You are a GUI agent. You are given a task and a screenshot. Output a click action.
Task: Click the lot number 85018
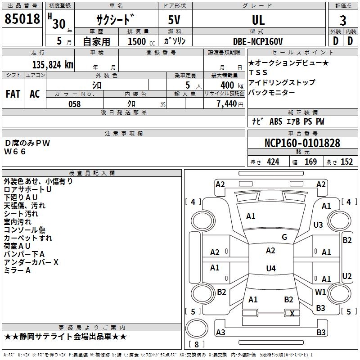(x=22, y=19)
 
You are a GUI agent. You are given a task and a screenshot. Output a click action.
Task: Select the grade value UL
(x=258, y=20)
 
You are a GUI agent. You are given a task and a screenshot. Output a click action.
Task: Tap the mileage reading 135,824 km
(x=53, y=65)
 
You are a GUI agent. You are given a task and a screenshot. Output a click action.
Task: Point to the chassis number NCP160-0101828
(x=302, y=143)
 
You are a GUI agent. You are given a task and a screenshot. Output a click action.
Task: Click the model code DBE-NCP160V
(x=257, y=41)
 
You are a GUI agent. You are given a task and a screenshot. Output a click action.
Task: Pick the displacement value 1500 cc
(x=141, y=41)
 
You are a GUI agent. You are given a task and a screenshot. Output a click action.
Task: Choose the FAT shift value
(x=13, y=94)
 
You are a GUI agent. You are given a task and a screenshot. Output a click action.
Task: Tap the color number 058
(x=75, y=104)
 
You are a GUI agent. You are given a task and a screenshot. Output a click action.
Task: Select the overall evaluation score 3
(x=343, y=21)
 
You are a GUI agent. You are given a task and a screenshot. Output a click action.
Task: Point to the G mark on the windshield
(x=284, y=237)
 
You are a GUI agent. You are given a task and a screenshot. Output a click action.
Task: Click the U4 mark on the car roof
(x=271, y=268)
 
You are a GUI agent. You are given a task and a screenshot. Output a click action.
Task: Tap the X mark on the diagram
(x=292, y=313)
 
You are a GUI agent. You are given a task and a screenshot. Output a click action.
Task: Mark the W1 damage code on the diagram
(x=320, y=292)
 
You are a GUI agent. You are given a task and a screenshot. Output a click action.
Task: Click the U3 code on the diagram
(x=318, y=225)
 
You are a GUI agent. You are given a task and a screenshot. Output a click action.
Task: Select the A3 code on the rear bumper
(x=220, y=332)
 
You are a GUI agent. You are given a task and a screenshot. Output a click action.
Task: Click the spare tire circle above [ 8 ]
(x=197, y=328)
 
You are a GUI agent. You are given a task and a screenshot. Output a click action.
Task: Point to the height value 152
(x=346, y=162)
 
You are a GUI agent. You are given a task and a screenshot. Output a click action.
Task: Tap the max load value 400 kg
(x=232, y=85)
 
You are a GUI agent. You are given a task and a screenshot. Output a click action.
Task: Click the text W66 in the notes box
(x=15, y=152)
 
